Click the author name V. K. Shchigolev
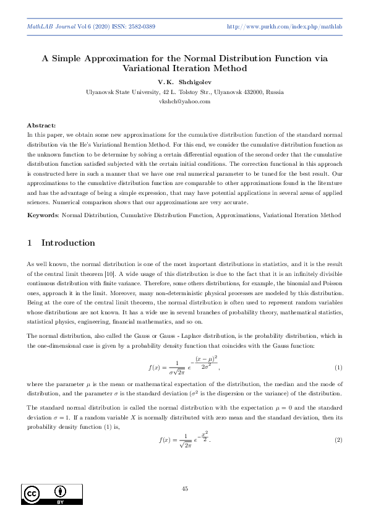click(x=184, y=82)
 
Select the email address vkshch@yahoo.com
click(x=184, y=100)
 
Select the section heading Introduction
click(x=69, y=243)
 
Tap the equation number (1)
click(x=338, y=368)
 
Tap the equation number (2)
click(x=338, y=439)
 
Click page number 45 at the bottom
click(x=184, y=489)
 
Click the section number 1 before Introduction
click(x=30, y=243)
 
